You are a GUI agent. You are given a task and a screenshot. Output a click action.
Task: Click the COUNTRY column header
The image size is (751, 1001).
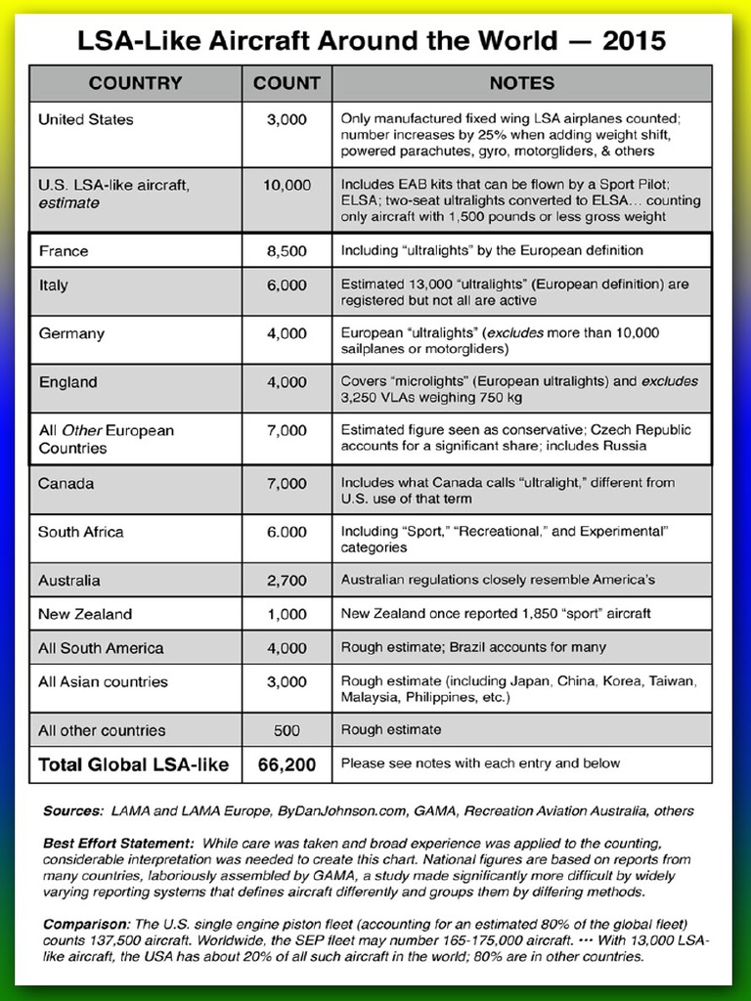[135, 83]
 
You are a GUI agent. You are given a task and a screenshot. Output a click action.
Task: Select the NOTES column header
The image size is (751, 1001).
[521, 83]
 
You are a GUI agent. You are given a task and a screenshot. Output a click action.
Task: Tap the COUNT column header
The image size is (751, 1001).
[287, 83]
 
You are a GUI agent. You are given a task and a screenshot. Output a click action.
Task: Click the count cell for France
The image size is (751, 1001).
[287, 251]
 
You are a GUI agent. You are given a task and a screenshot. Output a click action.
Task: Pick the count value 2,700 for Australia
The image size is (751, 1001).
[287, 581]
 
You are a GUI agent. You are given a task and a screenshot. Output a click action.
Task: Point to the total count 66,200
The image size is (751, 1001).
[287, 764]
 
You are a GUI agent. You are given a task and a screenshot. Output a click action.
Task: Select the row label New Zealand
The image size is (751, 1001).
[85, 615]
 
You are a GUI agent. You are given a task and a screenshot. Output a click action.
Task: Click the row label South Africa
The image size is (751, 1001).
[81, 533]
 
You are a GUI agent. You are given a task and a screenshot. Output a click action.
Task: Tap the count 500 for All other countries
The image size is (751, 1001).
[287, 730]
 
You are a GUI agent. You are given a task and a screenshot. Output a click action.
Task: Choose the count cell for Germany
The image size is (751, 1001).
[287, 334]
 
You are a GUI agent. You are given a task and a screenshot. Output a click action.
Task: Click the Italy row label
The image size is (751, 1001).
[54, 286]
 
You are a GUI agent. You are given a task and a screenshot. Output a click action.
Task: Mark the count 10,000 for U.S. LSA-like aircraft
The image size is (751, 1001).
[287, 185]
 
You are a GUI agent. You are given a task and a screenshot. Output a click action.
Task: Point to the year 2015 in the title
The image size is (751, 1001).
[635, 40]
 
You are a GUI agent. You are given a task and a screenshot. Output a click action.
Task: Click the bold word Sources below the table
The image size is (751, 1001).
[73, 811]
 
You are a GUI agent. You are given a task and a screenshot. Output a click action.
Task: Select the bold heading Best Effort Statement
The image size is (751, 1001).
[117, 843]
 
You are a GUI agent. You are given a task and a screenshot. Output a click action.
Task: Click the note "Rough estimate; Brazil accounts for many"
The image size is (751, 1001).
[473, 647]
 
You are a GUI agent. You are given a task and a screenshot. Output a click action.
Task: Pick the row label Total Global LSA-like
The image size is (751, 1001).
[134, 764]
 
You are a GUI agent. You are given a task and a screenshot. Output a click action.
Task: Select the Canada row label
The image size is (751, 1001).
[66, 484]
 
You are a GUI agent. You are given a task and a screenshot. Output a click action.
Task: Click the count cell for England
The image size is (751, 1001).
[287, 383]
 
